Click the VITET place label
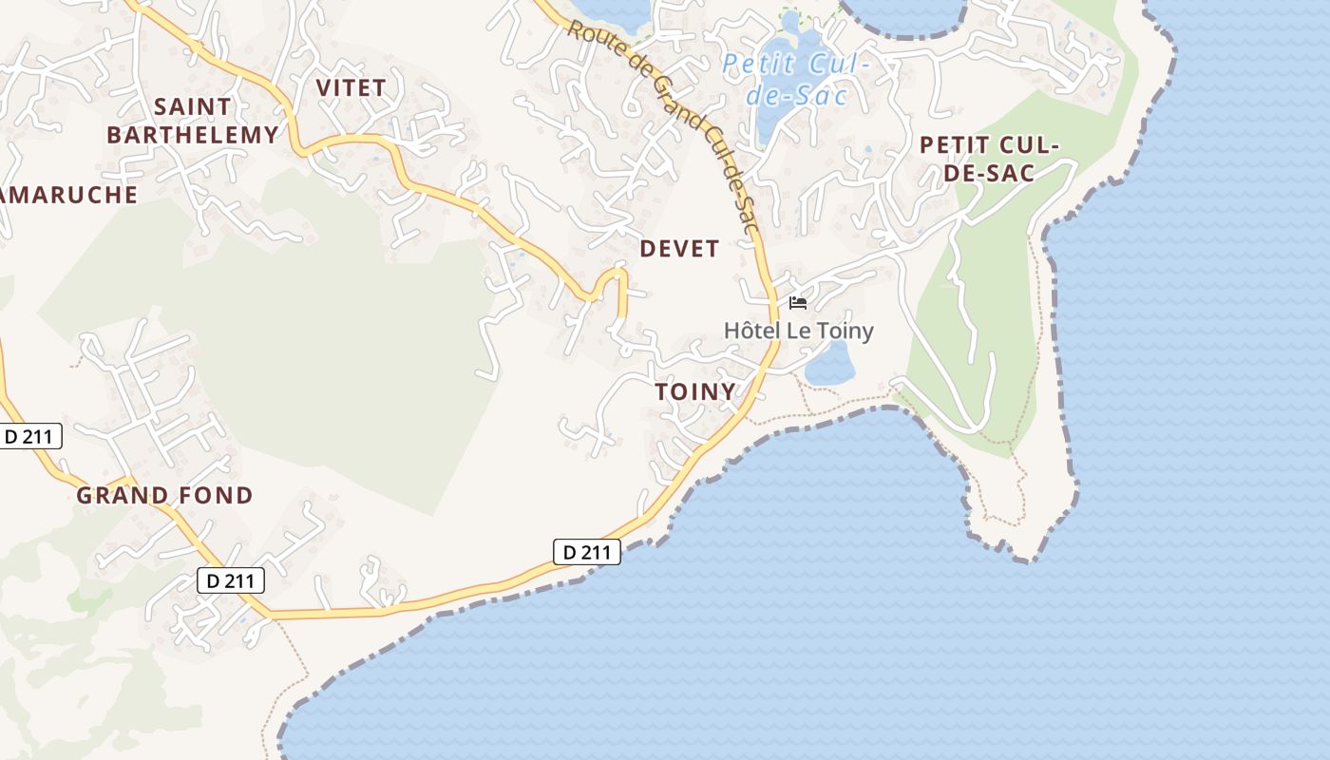[x=351, y=88]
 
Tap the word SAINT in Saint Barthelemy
[x=192, y=106]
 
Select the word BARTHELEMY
[x=192, y=135]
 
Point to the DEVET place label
[x=679, y=249]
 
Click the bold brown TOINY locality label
[x=695, y=391]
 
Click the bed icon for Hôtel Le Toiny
[x=798, y=303]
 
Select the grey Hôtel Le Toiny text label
[x=799, y=331]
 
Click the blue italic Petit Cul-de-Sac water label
[x=796, y=79]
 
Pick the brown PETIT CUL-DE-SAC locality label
[x=989, y=159]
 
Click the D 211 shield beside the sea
[x=587, y=551]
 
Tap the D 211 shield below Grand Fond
[x=231, y=580]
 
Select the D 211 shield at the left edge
[x=29, y=436]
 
